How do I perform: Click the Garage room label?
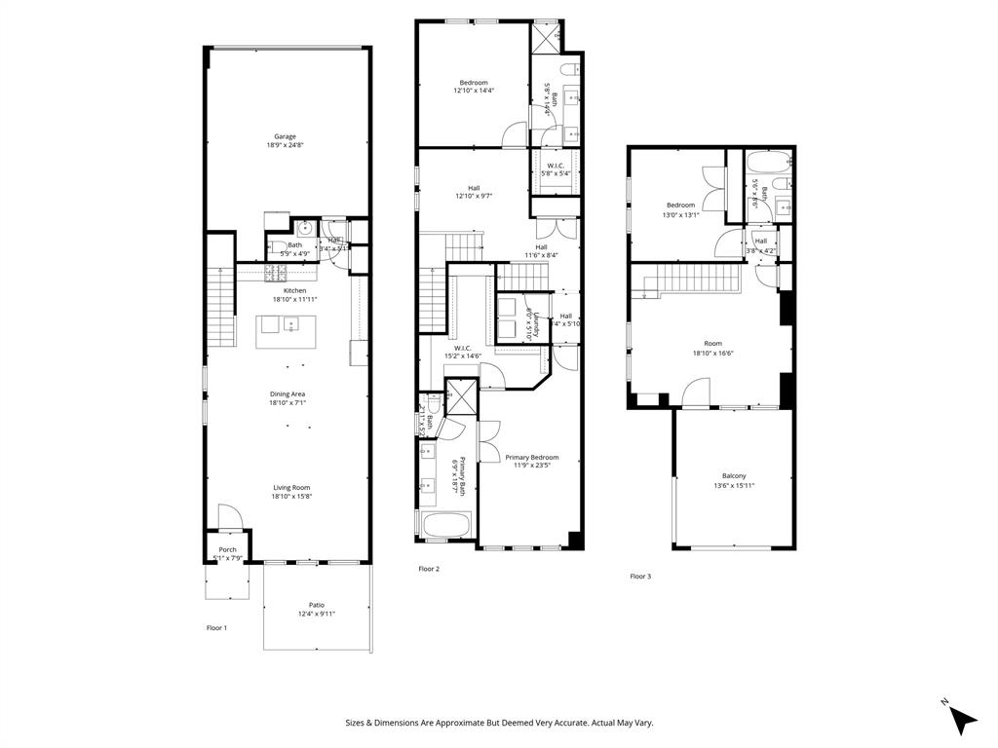click(x=285, y=137)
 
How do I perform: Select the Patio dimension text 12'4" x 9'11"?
click(x=317, y=614)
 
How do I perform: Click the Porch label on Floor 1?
click(x=227, y=549)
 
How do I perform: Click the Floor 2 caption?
click(x=430, y=569)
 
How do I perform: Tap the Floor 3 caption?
click(x=640, y=577)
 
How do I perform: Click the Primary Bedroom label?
click(x=532, y=457)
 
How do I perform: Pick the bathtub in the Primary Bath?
click(x=446, y=526)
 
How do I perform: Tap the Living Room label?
click(x=290, y=488)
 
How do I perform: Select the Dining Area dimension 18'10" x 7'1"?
click(x=288, y=402)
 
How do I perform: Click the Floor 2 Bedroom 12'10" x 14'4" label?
click(x=474, y=83)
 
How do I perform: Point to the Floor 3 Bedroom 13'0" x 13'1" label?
click(x=680, y=206)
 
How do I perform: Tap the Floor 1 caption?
click(x=216, y=628)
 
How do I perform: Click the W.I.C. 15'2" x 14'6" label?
click(x=463, y=348)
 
